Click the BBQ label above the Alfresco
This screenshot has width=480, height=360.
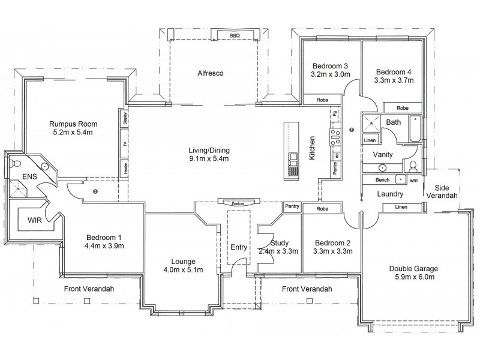[x=235, y=36]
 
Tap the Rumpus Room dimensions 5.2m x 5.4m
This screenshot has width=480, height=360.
[x=73, y=132]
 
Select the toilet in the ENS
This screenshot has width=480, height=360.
[x=14, y=163]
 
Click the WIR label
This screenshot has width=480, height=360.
[x=35, y=220]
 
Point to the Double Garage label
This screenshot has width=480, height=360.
[x=413, y=269]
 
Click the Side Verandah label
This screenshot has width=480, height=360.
[x=442, y=191]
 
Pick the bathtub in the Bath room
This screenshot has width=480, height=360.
[x=415, y=128]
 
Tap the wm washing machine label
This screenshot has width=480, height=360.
[x=413, y=181]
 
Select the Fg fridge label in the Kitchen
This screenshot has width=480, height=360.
[x=335, y=113]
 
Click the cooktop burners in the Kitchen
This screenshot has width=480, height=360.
[x=335, y=137]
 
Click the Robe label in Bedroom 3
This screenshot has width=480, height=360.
[x=322, y=100]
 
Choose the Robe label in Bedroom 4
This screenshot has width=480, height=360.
[x=403, y=108]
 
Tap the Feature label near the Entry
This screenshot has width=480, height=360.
[x=238, y=203]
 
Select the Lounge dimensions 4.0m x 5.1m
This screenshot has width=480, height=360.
[x=183, y=269]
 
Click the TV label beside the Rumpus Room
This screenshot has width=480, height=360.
[x=125, y=144]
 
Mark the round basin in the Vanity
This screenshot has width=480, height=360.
[x=382, y=168]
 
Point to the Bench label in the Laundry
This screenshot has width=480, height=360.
[x=383, y=180]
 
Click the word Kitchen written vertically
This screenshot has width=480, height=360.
[x=312, y=148]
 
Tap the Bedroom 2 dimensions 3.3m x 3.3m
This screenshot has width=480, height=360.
[x=332, y=251]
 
